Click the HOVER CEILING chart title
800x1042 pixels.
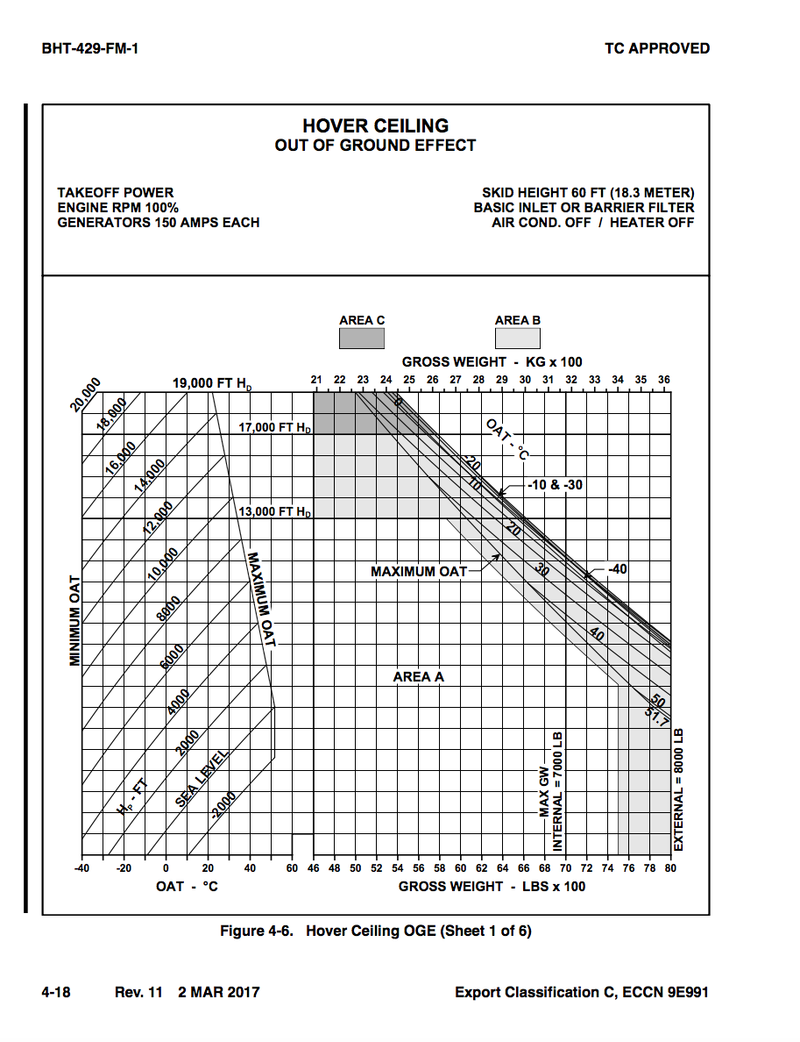tap(375, 126)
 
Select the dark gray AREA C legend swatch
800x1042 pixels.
tap(362, 339)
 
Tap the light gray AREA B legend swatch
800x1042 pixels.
tap(517, 339)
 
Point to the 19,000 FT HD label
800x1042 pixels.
tap(211, 383)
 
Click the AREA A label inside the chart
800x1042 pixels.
tap(419, 677)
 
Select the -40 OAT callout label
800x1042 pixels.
tap(617, 569)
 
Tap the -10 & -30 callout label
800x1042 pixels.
tap(555, 485)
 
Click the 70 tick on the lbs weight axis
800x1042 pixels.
tap(565, 868)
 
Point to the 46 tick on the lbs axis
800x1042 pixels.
tap(314, 868)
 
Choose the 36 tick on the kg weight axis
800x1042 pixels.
tap(663, 380)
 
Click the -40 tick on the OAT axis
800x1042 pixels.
tap(81, 868)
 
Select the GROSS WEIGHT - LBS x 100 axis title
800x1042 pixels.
tap(492, 886)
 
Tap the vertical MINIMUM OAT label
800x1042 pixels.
tap(75, 621)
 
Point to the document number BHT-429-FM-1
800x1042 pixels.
tap(90, 48)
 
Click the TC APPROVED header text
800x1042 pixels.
tap(657, 48)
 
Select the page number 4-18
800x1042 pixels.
tap(56, 993)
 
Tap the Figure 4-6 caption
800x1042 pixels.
tap(375, 931)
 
